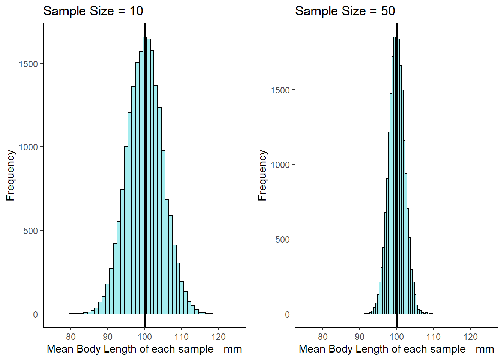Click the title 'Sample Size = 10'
(x=93, y=11)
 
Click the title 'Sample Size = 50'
(x=345, y=11)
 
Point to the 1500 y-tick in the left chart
(x=28, y=64)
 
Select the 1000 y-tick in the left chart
(x=28, y=147)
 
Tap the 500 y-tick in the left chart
(x=31, y=231)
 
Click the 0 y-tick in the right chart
(x=287, y=314)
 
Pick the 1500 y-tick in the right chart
(x=280, y=90)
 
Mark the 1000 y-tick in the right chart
(x=280, y=165)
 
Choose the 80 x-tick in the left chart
(x=70, y=336)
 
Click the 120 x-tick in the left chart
(x=219, y=336)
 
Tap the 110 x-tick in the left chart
(x=181, y=336)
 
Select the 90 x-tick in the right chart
(x=360, y=336)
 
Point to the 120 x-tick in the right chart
(x=471, y=336)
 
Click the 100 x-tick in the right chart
(x=397, y=336)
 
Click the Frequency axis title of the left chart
(x=10, y=175)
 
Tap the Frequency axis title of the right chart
(x=262, y=175)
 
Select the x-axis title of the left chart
(x=144, y=349)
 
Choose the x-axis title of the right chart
(x=396, y=349)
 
